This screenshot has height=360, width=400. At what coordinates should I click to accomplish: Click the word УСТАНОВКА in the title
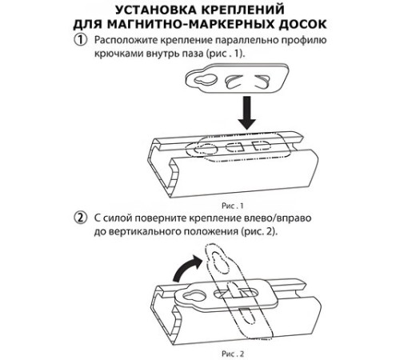click(156, 10)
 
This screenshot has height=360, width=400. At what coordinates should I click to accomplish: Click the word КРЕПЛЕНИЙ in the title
click(242, 10)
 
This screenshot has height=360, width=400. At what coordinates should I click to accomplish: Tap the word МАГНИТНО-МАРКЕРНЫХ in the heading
click(190, 24)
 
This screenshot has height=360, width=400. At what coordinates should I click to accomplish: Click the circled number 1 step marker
click(80, 40)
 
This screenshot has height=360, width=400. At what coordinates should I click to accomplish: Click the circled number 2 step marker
click(80, 218)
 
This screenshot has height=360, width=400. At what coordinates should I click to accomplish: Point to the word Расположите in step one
click(126, 40)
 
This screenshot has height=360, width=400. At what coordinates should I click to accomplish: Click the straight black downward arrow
click(247, 113)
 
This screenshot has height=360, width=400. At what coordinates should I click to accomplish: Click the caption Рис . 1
click(233, 206)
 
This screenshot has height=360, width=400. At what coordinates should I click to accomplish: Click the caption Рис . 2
click(233, 354)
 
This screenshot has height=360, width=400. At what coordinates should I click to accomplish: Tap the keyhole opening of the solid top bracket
click(206, 79)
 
